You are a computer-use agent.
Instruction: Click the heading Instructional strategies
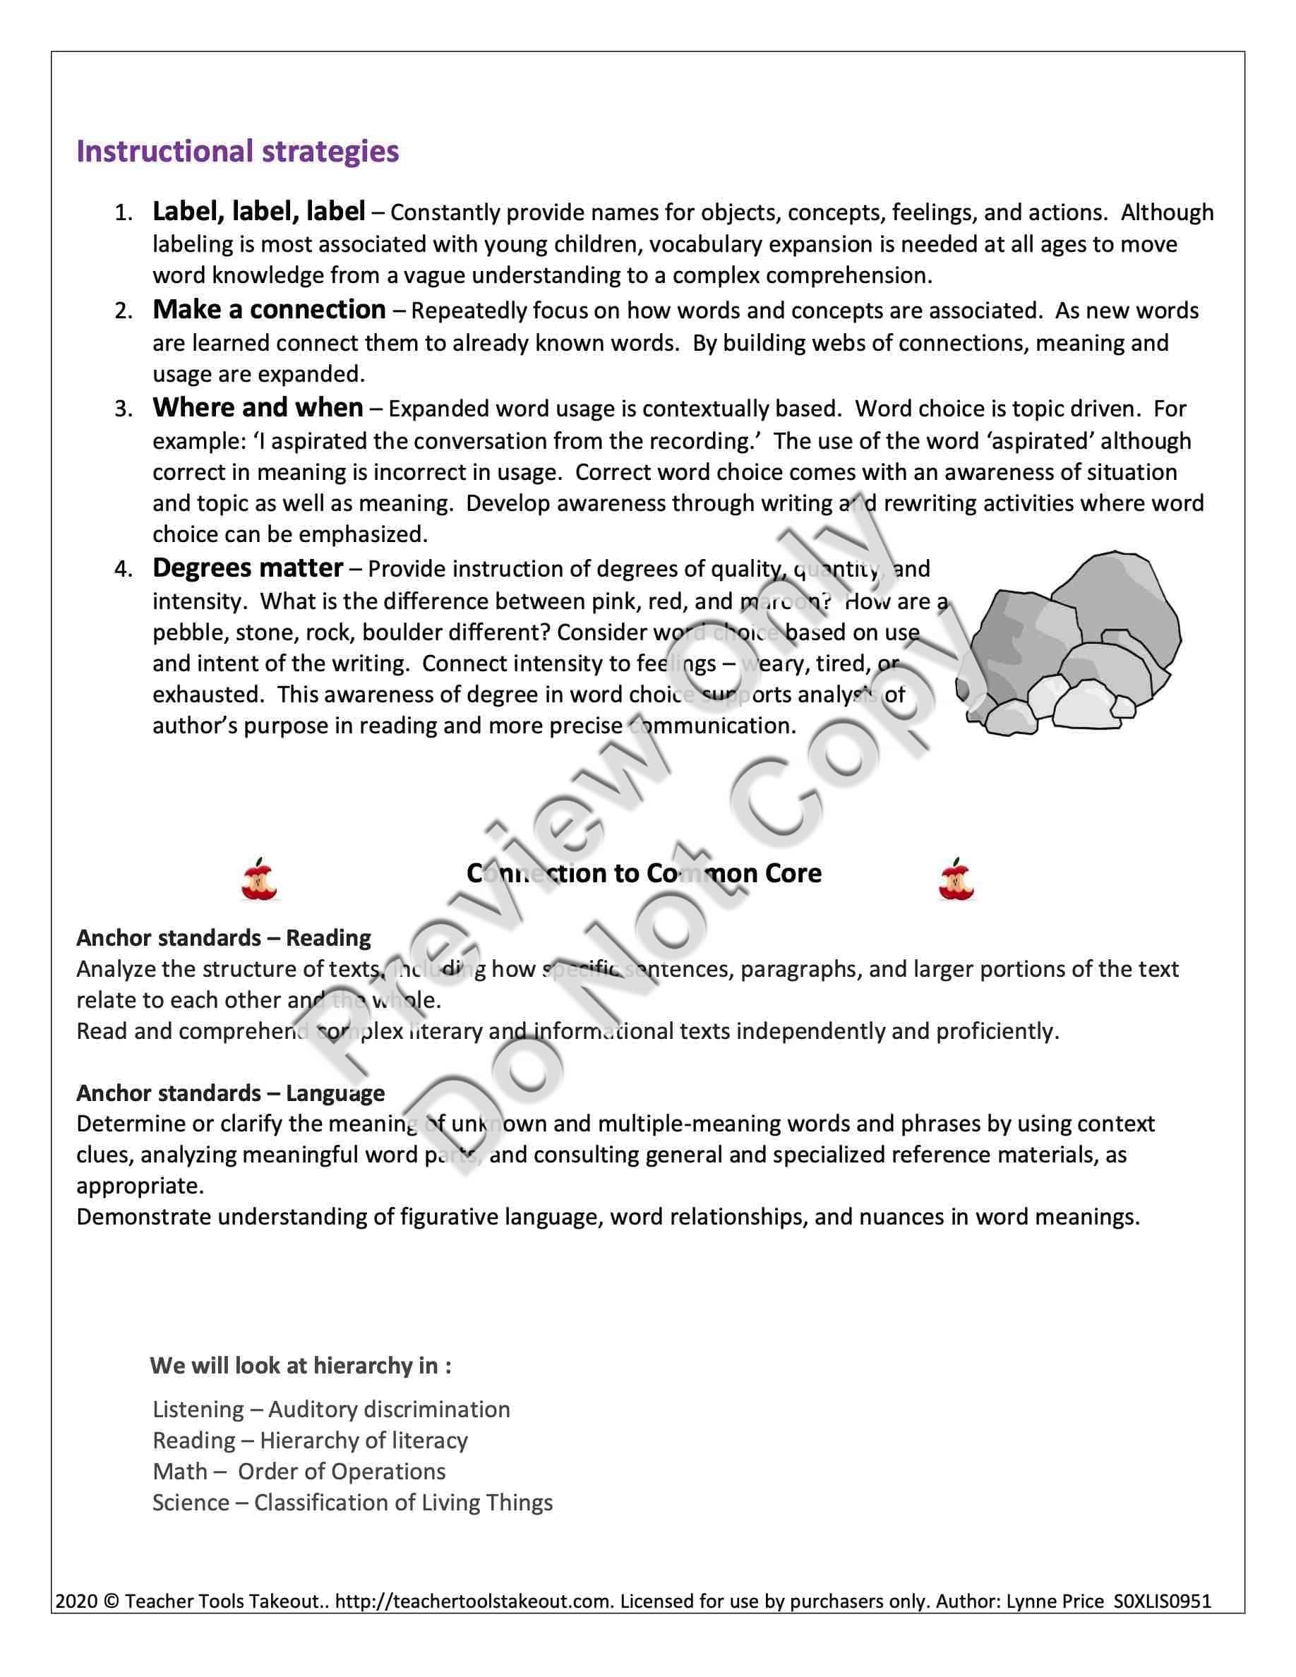click(x=237, y=151)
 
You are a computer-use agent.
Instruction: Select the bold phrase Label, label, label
click(x=259, y=211)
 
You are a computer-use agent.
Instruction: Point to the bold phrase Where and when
click(x=257, y=408)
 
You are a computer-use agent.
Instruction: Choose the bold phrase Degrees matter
click(x=247, y=568)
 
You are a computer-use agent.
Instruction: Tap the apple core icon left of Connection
click(x=259, y=879)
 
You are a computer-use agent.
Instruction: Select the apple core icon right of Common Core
click(x=956, y=879)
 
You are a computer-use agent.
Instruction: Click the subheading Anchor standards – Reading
click(x=224, y=937)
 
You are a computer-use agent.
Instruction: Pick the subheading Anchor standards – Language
click(x=230, y=1093)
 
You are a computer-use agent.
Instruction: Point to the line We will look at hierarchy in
click(x=300, y=1365)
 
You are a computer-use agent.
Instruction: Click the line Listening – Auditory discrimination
click(x=331, y=1409)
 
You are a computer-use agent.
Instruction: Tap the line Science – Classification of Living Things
click(x=352, y=1503)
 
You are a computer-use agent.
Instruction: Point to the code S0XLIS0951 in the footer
click(x=1162, y=1601)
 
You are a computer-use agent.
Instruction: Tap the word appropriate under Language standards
click(x=140, y=1186)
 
